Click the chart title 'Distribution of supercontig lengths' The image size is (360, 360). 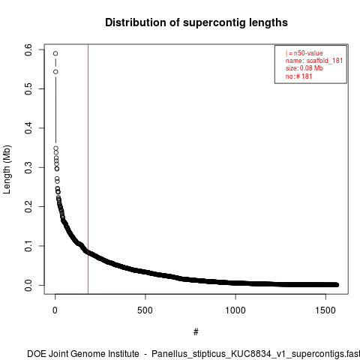coord(196,22)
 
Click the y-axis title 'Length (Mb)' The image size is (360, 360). coord(7,169)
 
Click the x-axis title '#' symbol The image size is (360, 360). coord(196,332)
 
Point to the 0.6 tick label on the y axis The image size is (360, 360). coord(28,49)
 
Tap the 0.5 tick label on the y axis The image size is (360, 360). coord(28,89)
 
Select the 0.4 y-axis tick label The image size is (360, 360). coord(28,128)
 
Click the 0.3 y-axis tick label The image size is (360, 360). coord(28,167)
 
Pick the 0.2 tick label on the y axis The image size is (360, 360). coord(28,206)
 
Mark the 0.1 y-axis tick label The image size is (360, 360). coord(28,246)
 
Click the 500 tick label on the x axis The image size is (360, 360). coord(145,310)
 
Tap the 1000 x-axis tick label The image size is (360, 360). coord(235,310)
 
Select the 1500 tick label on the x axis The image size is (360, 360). coord(325,310)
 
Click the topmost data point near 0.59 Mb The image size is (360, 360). coord(55,53)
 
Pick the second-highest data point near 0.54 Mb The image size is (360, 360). coord(55,72)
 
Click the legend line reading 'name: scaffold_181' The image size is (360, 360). coord(314,61)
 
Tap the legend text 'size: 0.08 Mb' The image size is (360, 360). coord(304,68)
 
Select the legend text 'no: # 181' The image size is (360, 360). coord(298,76)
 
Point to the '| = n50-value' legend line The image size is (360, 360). coord(304,53)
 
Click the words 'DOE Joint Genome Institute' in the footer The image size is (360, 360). coord(83,354)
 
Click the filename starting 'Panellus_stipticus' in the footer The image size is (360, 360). coord(256,354)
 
